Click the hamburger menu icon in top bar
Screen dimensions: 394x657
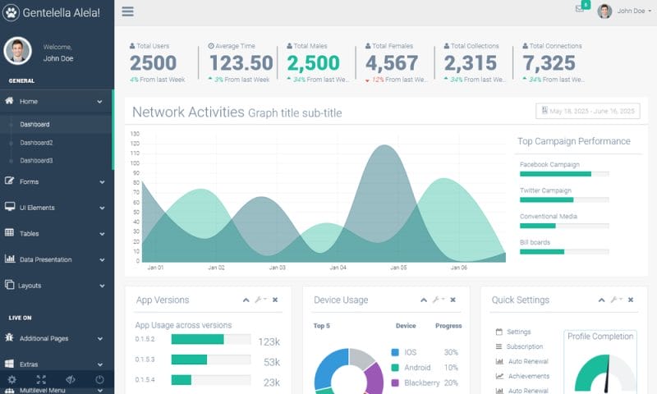click(x=127, y=11)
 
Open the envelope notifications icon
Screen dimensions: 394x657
click(x=580, y=9)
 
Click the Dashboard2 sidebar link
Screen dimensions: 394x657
click(x=37, y=143)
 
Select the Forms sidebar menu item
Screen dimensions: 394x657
click(x=30, y=181)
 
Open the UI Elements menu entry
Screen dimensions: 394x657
click(x=37, y=208)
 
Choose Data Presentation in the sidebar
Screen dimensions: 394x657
click(x=45, y=259)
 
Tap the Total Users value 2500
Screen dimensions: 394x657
click(x=153, y=63)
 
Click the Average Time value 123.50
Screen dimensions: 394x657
click(x=241, y=63)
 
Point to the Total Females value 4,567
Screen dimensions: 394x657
click(x=392, y=63)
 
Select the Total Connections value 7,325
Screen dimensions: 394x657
click(x=549, y=63)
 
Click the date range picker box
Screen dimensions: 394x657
click(x=587, y=111)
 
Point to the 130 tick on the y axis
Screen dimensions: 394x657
click(x=135, y=134)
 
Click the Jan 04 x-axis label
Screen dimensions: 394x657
click(x=338, y=268)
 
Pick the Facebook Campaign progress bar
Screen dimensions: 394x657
click(x=564, y=174)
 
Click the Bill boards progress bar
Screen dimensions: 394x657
click(x=564, y=251)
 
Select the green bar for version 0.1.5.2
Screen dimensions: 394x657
click(x=197, y=339)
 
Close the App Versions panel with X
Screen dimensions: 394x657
click(x=275, y=300)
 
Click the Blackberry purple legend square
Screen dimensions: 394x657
click(x=395, y=383)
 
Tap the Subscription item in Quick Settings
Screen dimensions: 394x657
click(x=524, y=346)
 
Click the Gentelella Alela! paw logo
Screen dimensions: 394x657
click(x=11, y=12)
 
